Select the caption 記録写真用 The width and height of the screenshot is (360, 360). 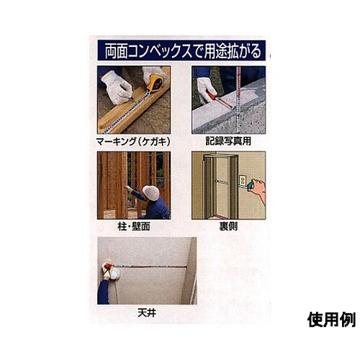pyautogui.click(x=227, y=140)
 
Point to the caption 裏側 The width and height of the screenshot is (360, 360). pyautogui.click(x=228, y=225)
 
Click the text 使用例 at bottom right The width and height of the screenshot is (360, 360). pyautogui.click(x=330, y=318)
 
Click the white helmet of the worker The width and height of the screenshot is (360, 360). pyautogui.click(x=150, y=192)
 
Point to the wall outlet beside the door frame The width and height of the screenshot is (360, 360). pyautogui.click(x=243, y=180)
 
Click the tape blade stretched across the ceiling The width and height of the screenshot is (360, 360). pyautogui.click(x=151, y=266)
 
